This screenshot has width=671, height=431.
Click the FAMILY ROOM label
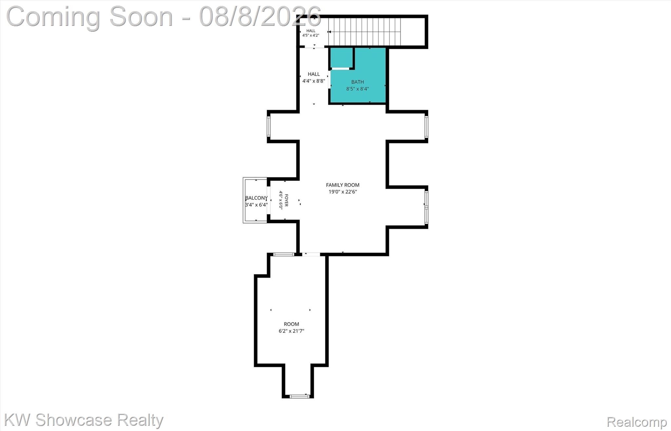342,185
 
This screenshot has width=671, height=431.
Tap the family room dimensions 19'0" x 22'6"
342,192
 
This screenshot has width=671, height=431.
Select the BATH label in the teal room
357,82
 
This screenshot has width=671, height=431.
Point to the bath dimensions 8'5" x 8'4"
357,89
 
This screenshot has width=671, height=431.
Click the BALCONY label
256,198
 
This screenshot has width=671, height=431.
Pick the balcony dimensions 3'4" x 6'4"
256,205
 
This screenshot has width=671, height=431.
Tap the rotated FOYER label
286,200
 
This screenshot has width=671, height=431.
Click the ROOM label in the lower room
291,324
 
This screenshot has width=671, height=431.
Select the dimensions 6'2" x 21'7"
291,331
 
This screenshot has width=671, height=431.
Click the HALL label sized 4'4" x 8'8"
314,74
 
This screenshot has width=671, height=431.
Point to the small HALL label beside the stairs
311,31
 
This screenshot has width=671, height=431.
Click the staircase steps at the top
365,31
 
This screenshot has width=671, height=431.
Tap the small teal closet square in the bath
341,58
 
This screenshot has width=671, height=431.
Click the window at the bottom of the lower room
299,396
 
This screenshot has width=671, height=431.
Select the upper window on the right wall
426,127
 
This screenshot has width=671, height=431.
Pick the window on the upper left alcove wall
269,126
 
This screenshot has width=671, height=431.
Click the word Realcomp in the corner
637,422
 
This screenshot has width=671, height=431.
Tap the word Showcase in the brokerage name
74,420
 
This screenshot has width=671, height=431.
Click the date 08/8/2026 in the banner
260,16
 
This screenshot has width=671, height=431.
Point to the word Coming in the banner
53,17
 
